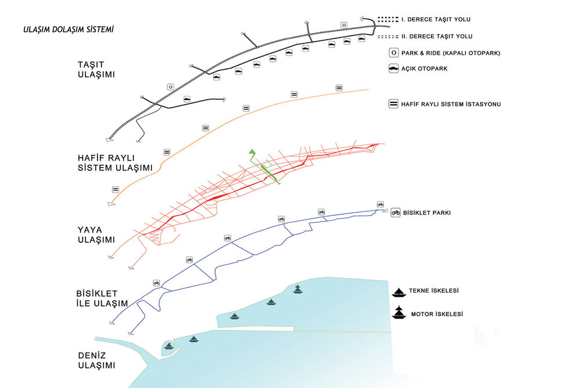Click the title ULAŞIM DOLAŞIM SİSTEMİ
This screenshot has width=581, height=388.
click(68, 30)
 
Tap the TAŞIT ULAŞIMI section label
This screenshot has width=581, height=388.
click(96, 70)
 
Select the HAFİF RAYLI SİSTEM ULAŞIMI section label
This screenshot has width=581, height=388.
click(115, 163)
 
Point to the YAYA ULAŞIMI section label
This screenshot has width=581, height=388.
click(96, 235)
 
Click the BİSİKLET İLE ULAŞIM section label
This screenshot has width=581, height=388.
click(102, 298)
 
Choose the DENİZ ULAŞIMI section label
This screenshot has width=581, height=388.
click(96, 361)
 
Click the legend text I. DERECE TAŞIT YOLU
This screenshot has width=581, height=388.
click(436, 19)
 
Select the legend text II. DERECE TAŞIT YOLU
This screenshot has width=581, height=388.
click(437, 36)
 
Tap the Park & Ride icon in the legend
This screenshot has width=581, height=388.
click(393, 53)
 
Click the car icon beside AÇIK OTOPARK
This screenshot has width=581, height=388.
click(393, 69)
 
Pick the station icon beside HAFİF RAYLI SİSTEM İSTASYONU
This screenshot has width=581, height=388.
click(393, 104)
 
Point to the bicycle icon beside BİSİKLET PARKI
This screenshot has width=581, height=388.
click(396, 212)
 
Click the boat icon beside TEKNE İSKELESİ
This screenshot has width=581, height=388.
click(399, 293)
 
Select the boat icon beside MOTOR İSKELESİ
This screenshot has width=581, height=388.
click(399, 313)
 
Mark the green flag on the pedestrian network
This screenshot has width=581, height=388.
click(252, 152)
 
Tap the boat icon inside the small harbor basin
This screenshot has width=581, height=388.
click(169, 346)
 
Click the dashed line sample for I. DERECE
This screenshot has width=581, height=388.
click(388, 19)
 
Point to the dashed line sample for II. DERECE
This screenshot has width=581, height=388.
click(388, 37)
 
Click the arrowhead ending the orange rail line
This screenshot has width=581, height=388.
click(111, 204)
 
